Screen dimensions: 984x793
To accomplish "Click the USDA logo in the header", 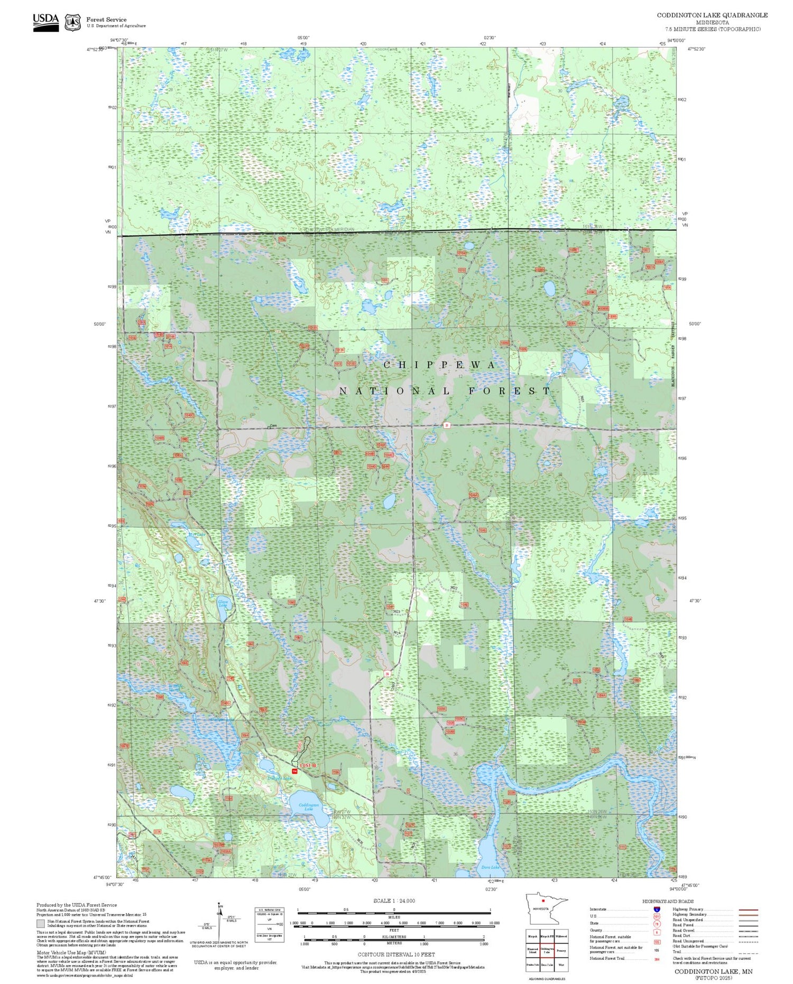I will pos(45,22).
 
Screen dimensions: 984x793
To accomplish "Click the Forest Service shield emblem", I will pos(72,23).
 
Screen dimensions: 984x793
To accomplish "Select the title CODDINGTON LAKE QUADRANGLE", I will pos(712,15).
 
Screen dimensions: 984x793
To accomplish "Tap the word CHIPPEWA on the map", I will pos(440,365).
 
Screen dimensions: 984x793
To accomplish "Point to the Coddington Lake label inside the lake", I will pos(309,807).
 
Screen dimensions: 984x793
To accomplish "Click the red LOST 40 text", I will pos(308,765).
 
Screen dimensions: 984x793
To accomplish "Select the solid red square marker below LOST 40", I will pos(296,772).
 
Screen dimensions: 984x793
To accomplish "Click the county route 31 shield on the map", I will pos(447,424).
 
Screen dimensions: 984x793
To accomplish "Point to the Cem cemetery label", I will pos(273,425).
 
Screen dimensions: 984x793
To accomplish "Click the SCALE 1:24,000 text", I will pos(394,901).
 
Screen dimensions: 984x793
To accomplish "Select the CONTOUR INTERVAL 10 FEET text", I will pos(397,954).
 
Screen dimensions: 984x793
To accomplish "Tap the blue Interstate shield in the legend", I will pos(657,909).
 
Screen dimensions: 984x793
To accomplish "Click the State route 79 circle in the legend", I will pos(657,924).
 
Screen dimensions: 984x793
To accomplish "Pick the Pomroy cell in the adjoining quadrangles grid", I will pos(561,950).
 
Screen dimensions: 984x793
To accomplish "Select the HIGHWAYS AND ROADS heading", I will pos(668,901).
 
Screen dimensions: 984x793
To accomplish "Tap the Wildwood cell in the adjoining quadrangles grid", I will pos(561,936).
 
